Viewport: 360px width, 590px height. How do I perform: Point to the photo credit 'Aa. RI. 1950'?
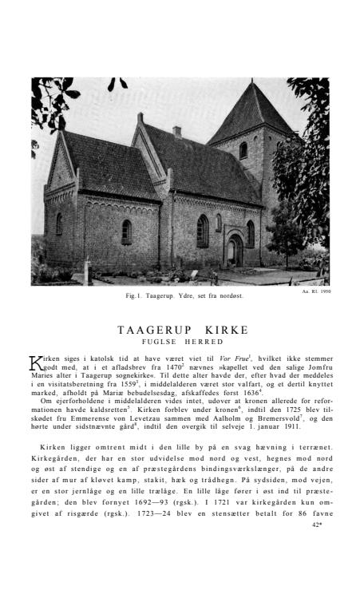pos(315,291)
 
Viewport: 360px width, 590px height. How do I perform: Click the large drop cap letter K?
pos(37,364)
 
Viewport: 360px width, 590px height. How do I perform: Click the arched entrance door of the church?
pos(234,251)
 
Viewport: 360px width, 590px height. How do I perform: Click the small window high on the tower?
pos(243,149)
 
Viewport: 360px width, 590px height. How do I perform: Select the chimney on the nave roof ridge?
pos(176,131)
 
